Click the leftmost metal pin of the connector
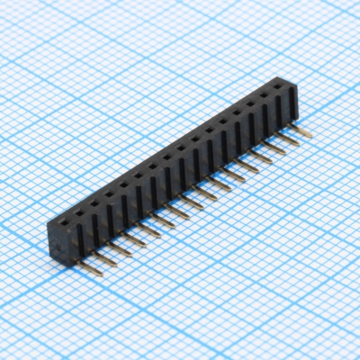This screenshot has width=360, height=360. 94,265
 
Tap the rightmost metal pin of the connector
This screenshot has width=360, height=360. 301,132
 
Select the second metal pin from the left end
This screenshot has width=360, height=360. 109,256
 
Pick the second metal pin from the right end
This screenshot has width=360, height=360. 288,141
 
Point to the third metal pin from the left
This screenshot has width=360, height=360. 123,247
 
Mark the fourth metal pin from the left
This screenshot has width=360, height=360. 137,238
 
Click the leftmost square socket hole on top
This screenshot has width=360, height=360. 67,215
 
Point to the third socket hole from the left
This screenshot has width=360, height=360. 96,198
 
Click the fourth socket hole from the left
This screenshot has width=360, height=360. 111,190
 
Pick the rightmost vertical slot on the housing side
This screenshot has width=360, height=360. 291,106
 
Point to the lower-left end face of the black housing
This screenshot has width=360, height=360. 58,236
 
